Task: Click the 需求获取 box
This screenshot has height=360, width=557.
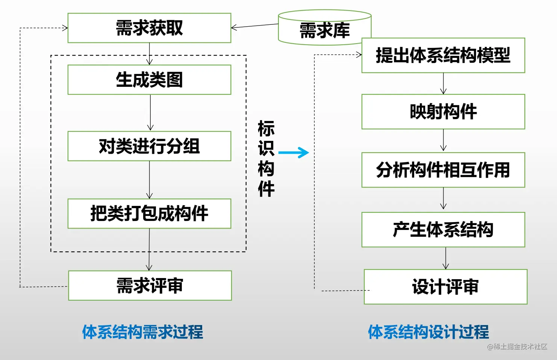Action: click(149, 28)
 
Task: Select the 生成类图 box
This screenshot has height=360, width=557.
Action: click(149, 80)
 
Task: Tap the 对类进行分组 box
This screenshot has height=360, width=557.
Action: click(149, 146)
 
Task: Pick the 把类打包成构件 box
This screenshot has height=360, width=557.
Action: click(149, 213)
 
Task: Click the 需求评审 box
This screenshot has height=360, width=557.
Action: click(150, 286)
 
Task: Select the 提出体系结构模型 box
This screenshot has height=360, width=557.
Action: click(443, 55)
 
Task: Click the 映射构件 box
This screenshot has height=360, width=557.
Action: click(443, 112)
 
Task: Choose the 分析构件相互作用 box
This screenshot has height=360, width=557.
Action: click(443, 170)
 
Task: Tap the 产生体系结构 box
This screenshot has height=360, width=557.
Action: click(443, 230)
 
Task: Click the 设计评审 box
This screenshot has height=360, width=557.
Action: click(445, 287)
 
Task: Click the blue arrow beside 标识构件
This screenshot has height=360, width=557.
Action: click(294, 153)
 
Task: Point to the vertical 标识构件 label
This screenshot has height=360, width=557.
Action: click(266, 159)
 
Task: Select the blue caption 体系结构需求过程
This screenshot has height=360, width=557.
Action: click(142, 332)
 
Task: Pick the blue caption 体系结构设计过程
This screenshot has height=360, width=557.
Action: click(428, 332)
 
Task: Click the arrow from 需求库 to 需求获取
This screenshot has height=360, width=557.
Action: click(254, 26)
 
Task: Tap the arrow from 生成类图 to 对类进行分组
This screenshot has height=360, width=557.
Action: click(150, 112)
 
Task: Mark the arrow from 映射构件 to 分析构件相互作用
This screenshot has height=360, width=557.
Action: click(443, 140)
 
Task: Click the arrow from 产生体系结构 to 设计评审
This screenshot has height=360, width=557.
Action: click(446, 258)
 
